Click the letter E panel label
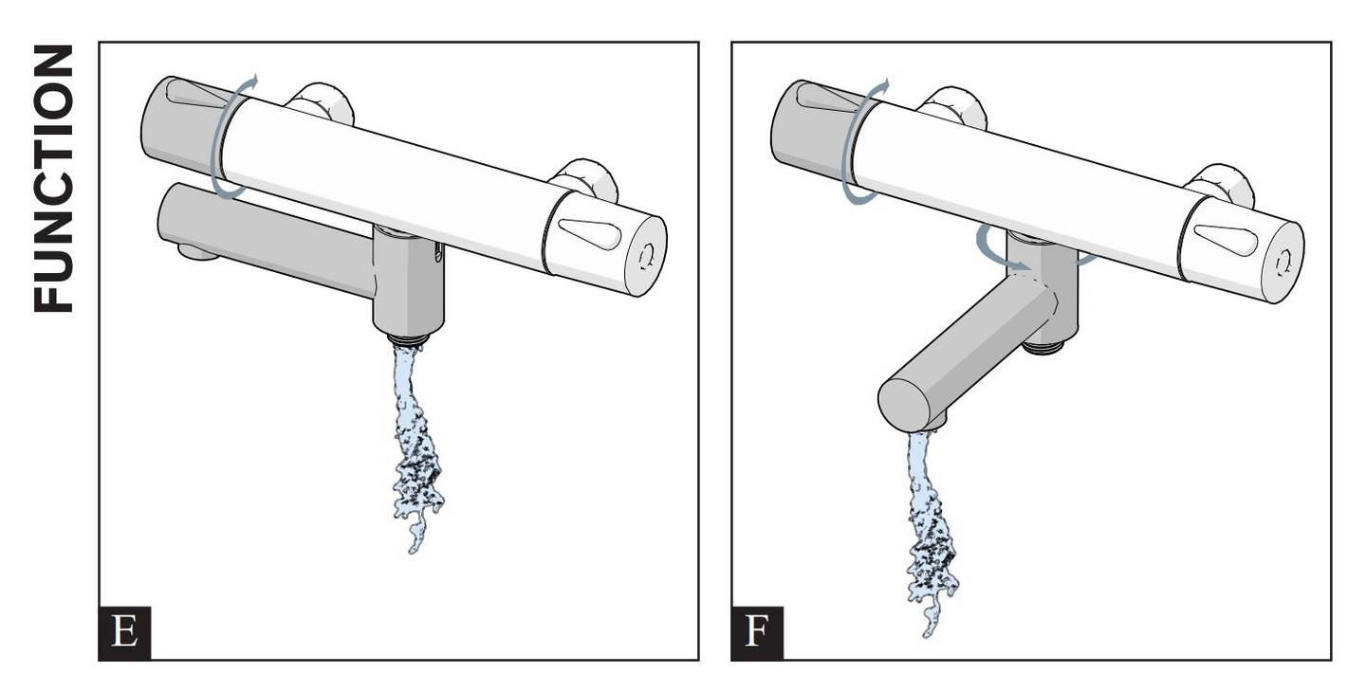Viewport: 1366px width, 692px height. point(124,633)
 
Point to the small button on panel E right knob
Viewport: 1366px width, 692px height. point(648,254)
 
